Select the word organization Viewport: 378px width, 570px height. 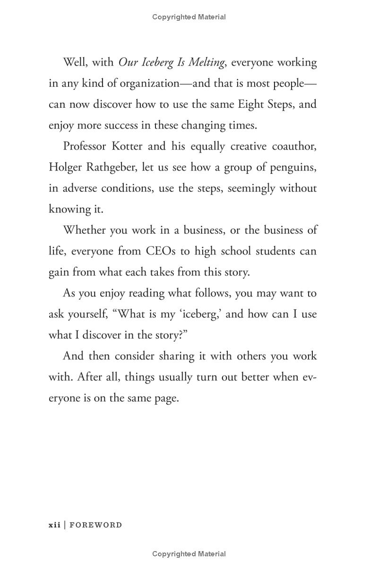(x=149, y=84)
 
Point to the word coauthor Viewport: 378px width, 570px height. (x=294, y=146)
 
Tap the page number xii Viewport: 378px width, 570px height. (x=54, y=525)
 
